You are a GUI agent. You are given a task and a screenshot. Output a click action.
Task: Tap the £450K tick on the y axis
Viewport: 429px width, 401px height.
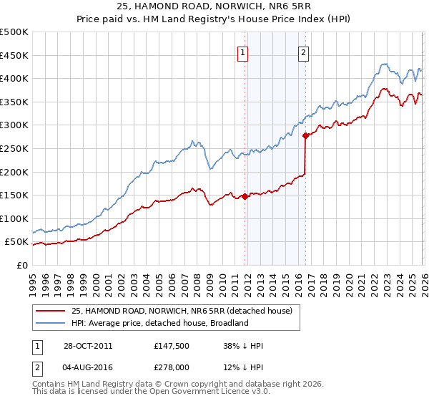point(14,55)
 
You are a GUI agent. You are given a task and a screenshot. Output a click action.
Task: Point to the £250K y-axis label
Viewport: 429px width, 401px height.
point(14,148)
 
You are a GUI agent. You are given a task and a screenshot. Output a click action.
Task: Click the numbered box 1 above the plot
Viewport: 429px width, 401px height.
point(243,52)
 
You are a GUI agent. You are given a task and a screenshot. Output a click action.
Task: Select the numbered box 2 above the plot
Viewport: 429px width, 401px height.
point(304,52)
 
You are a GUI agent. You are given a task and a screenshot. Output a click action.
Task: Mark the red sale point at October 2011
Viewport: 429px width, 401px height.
point(245,196)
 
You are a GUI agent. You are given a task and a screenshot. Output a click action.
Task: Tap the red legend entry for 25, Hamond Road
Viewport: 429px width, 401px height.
point(182,311)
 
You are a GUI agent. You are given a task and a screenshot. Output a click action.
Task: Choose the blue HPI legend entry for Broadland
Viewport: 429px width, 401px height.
point(159,323)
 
